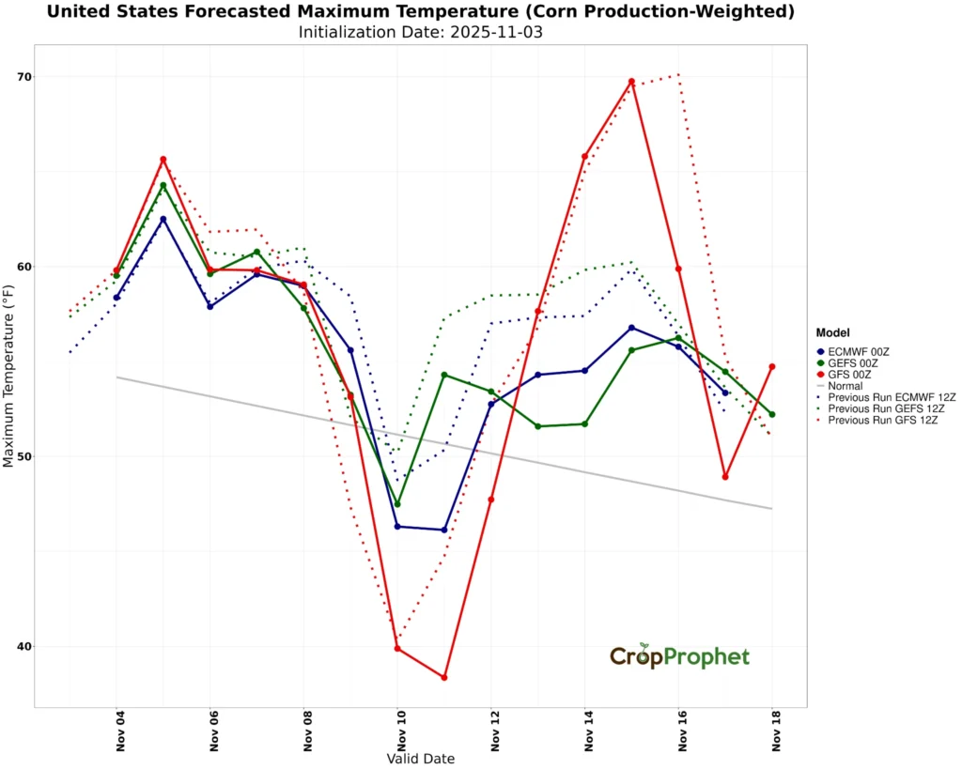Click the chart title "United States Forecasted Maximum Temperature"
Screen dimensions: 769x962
click(x=420, y=12)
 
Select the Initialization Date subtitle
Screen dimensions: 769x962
click(x=420, y=32)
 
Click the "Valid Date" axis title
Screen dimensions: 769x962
click(x=420, y=758)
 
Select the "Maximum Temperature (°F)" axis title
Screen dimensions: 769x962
click(x=9, y=376)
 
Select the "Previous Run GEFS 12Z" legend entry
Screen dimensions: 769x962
click(x=882, y=409)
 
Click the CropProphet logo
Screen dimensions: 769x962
click(x=679, y=656)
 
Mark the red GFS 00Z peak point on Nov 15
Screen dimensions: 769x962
click(x=631, y=82)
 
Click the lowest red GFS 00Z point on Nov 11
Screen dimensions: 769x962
click(x=444, y=677)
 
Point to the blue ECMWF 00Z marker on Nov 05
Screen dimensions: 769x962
click(x=163, y=220)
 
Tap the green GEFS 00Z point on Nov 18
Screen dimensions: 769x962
click(x=772, y=414)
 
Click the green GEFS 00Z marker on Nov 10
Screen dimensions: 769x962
click(x=397, y=504)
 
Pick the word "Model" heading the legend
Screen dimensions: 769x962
click(x=833, y=332)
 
